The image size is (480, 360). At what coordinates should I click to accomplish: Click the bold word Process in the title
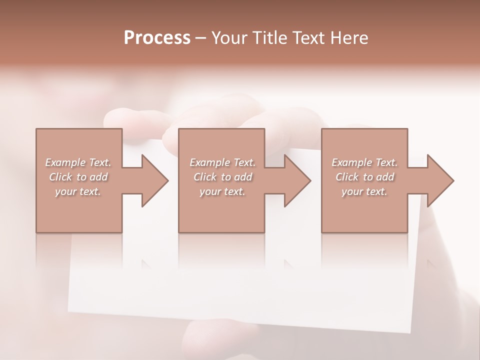pos(157,37)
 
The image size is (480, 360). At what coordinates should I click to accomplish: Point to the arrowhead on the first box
pos(154,180)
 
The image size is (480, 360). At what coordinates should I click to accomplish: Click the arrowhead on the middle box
pos(297,180)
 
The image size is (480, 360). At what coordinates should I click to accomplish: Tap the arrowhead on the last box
pos(440,180)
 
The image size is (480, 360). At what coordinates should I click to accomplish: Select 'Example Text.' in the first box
pos(78,162)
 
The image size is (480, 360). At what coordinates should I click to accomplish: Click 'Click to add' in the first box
pos(78,177)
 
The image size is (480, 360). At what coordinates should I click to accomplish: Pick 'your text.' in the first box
pos(78,191)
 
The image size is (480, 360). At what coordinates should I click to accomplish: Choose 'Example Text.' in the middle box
pos(222,162)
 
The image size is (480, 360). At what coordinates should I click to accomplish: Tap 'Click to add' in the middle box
pos(222,177)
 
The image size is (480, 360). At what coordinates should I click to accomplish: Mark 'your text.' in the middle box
pos(222,191)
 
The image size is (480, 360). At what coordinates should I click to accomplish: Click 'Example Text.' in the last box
pos(364,162)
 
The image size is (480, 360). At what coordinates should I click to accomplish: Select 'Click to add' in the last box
pos(364,177)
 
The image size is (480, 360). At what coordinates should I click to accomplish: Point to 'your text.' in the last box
pos(364,191)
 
